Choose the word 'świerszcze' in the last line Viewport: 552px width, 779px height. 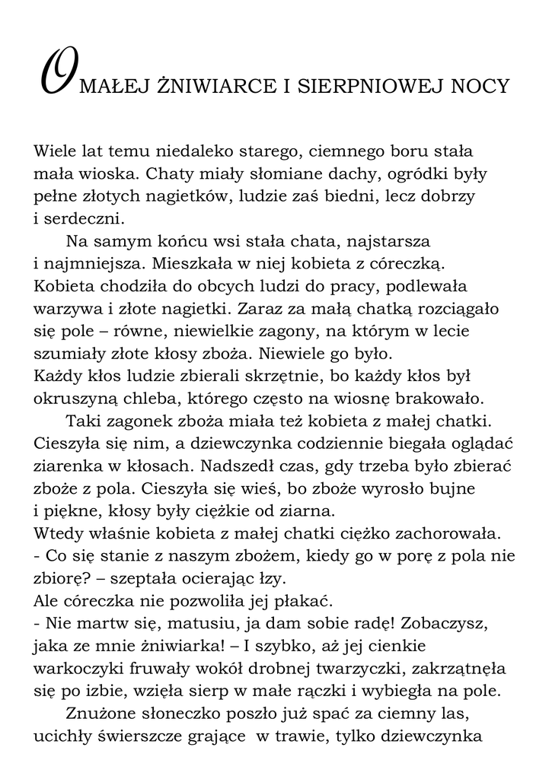[141, 736]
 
